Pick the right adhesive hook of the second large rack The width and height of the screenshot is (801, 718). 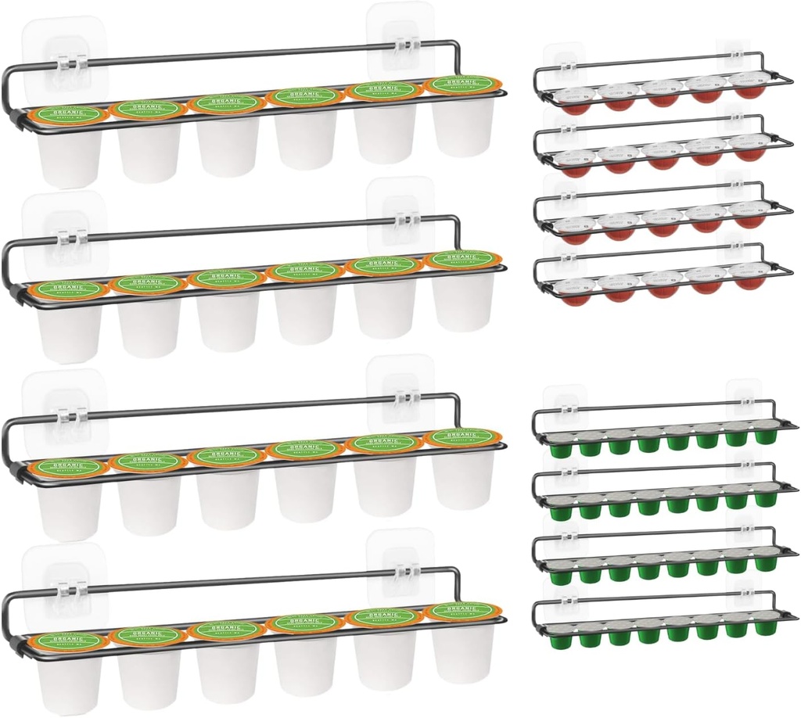(x=400, y=212)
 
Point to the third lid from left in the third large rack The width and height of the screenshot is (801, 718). (x=227, y=454)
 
